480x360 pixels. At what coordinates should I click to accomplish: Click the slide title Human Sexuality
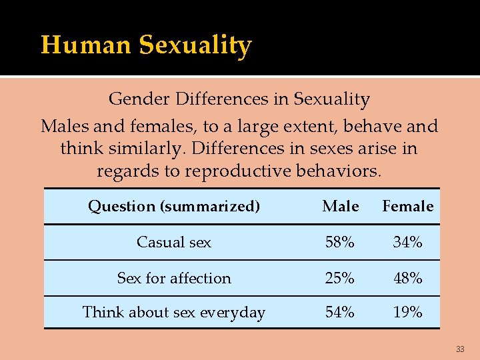[146, 45]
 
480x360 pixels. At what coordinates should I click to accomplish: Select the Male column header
[340, 207]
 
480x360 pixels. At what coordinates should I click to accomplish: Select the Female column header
[407, 207]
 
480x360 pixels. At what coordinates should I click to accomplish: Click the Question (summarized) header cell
[174, 207]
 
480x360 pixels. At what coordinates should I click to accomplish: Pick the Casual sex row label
[174, 243]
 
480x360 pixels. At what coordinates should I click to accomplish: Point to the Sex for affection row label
[174, 279]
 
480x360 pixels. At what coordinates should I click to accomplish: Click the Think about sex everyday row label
[174, 313]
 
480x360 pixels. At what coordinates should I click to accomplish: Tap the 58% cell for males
[340, 243]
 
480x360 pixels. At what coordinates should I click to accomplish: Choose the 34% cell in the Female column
[407, 243]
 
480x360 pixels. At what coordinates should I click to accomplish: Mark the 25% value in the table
[340, 279]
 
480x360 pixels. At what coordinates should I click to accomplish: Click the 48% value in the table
[407, 279]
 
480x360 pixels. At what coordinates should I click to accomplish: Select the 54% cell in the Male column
[340, 313]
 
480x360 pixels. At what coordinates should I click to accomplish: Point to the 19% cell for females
[407, 313]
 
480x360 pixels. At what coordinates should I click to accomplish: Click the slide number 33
[460, 349]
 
